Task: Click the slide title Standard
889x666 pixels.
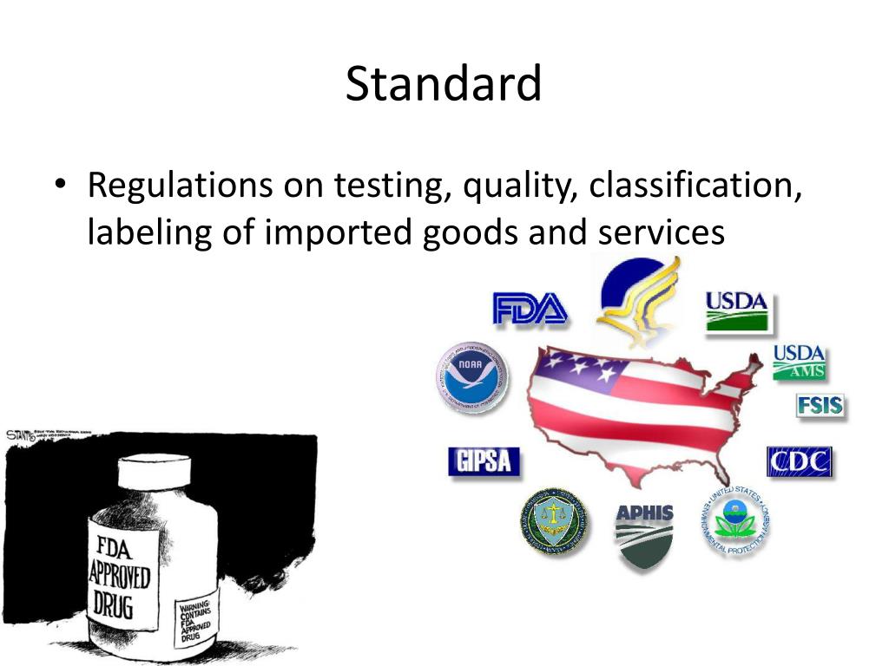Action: click(444, 84)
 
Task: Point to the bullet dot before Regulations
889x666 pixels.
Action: click(58, 186)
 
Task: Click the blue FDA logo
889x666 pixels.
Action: click(530, 309)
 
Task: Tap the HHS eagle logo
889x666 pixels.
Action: click(638, 300)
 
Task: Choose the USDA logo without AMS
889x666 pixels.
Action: click(737, 311)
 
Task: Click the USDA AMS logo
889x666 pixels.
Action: click(800, 362)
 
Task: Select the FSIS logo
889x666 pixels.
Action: click(820, 406)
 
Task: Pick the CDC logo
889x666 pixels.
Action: click(799, 461)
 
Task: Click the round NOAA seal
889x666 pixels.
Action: click(471, 377)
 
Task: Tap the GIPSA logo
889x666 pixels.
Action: click(484, 461)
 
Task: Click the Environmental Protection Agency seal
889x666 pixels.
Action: click(735, 520)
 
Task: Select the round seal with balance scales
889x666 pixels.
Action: click(554, 522)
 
